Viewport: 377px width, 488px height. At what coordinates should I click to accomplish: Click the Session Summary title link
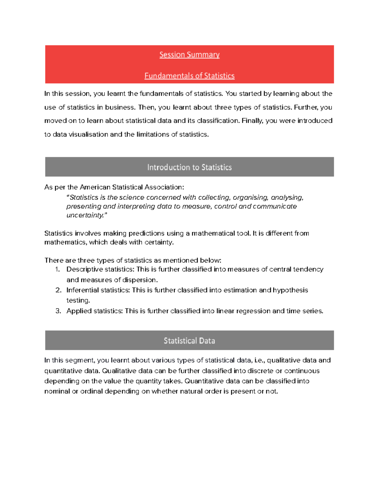(x=189, y=55)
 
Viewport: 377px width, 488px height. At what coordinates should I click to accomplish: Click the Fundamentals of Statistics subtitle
(x=189, y=76)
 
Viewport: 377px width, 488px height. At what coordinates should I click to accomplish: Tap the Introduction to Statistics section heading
(x=189, y=167)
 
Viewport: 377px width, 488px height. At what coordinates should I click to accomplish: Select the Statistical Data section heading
(x=189, y=341)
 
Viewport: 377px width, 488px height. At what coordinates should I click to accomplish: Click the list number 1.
(x=57, y=269)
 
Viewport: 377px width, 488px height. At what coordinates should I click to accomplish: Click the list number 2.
(x=58, y=290)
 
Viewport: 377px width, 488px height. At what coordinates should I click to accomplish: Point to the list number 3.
(x=58, y=311)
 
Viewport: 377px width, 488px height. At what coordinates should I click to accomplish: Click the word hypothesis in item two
(x=290, y=290)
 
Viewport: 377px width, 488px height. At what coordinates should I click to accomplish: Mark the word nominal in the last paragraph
(x=57, y=392)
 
